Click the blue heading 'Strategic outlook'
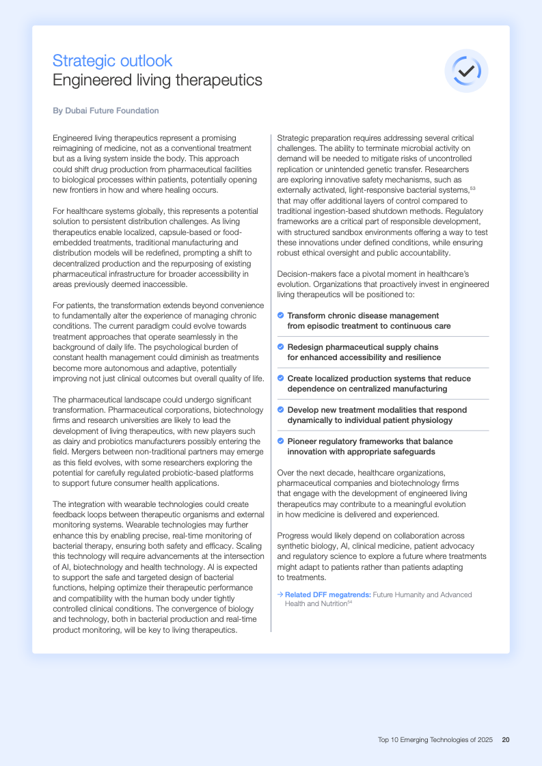click(x=112, y=61)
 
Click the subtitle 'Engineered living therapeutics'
click(x=157, y=80)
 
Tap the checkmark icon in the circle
click(x=467, y=70)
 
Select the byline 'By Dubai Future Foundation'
click(x=105, y=111)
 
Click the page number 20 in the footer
click(x=506, y=739)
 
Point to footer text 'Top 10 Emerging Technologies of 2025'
click(x=435, y=739)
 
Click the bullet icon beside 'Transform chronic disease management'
click(x=281, y=316)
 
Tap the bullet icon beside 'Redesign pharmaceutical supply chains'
click(x=281, y=347)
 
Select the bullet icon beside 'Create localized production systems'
click(x=281, y=378)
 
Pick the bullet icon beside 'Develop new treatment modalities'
click(x=281, y=409)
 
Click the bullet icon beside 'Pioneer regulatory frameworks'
click(x=281, y=441)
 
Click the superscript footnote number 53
click(x=472, y=188)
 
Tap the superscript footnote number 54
click(x=349, y=603)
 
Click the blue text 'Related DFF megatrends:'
click(x=328, y=594)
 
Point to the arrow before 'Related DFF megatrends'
click(x=280, y=594)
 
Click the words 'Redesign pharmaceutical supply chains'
click(x=363, y=347)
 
